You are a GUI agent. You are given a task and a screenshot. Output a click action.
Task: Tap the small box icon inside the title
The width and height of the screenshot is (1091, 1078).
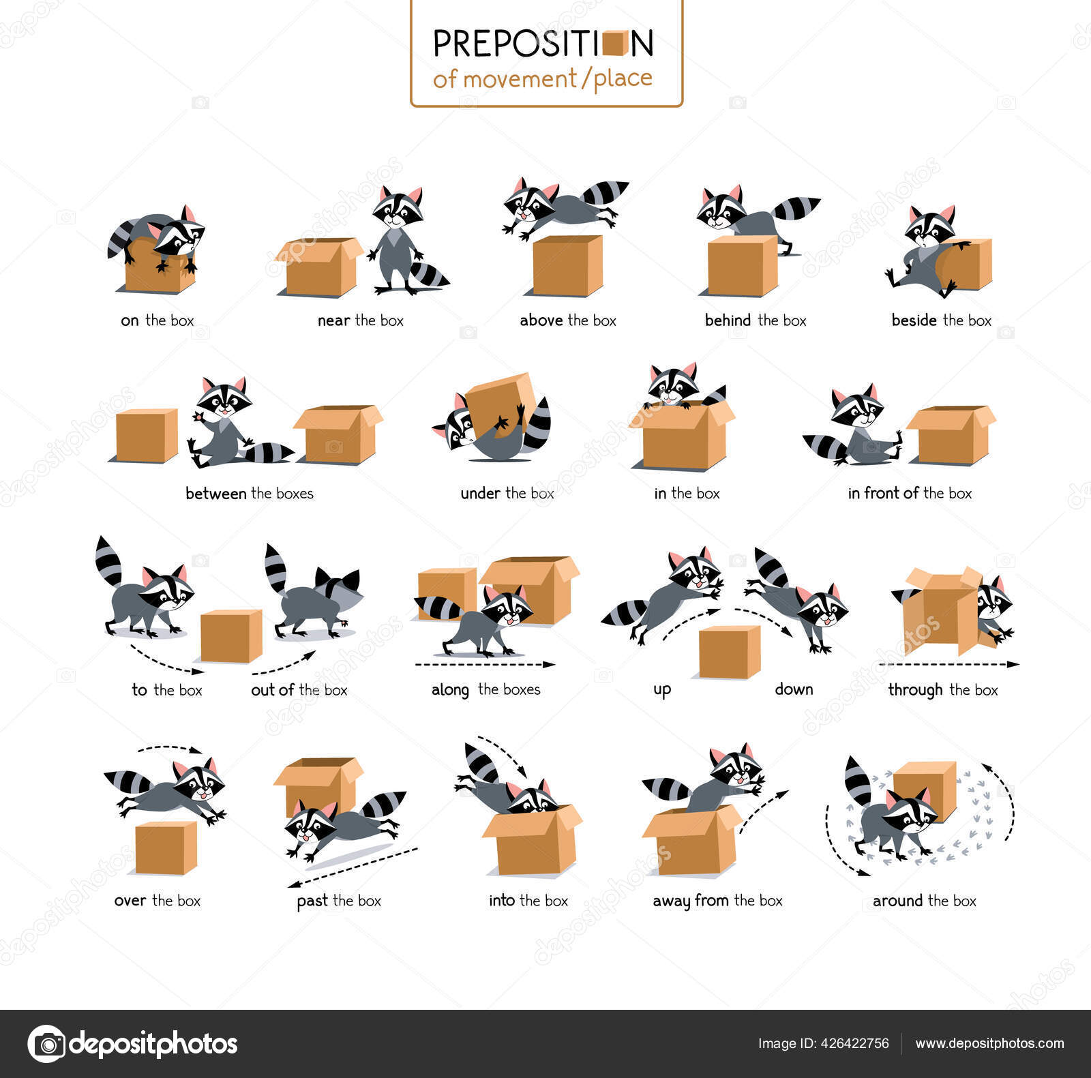click(x=615, y=43)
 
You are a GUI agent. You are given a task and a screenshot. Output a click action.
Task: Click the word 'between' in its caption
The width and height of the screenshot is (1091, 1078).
click(x=216, y=494)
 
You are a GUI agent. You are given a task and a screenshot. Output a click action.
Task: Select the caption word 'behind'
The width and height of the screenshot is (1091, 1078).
click(x=728, y=320)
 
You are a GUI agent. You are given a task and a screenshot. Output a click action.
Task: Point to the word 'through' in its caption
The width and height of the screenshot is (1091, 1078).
click(x=915, y=690)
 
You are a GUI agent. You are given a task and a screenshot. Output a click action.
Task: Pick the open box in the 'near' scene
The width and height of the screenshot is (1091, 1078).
click(x=319, y=267)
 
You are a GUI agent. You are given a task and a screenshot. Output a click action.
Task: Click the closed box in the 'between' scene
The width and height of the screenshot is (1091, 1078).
click(x=147, y=435)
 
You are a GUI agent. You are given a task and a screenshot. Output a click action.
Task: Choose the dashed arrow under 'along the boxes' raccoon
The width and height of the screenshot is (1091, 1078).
click(x=484, y=664)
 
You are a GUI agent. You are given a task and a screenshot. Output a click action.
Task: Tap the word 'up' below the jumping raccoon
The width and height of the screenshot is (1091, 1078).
click(x=662, y=689)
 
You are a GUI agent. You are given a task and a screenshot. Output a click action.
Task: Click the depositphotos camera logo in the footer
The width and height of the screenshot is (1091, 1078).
click(x=47, y=1043)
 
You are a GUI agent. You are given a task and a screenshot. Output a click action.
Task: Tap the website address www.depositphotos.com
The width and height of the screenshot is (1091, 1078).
click(x=989, y=1043)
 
